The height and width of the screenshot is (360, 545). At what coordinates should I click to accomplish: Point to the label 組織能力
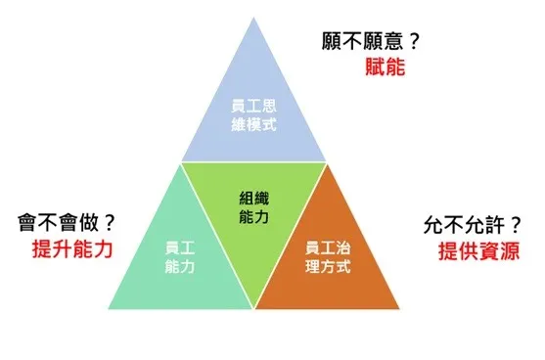[253, 206]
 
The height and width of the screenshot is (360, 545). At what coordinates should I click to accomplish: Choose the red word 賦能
[383, 69]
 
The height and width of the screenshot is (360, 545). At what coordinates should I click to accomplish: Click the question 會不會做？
[67, 221]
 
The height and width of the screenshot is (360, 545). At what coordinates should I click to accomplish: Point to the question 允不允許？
[469, 222]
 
